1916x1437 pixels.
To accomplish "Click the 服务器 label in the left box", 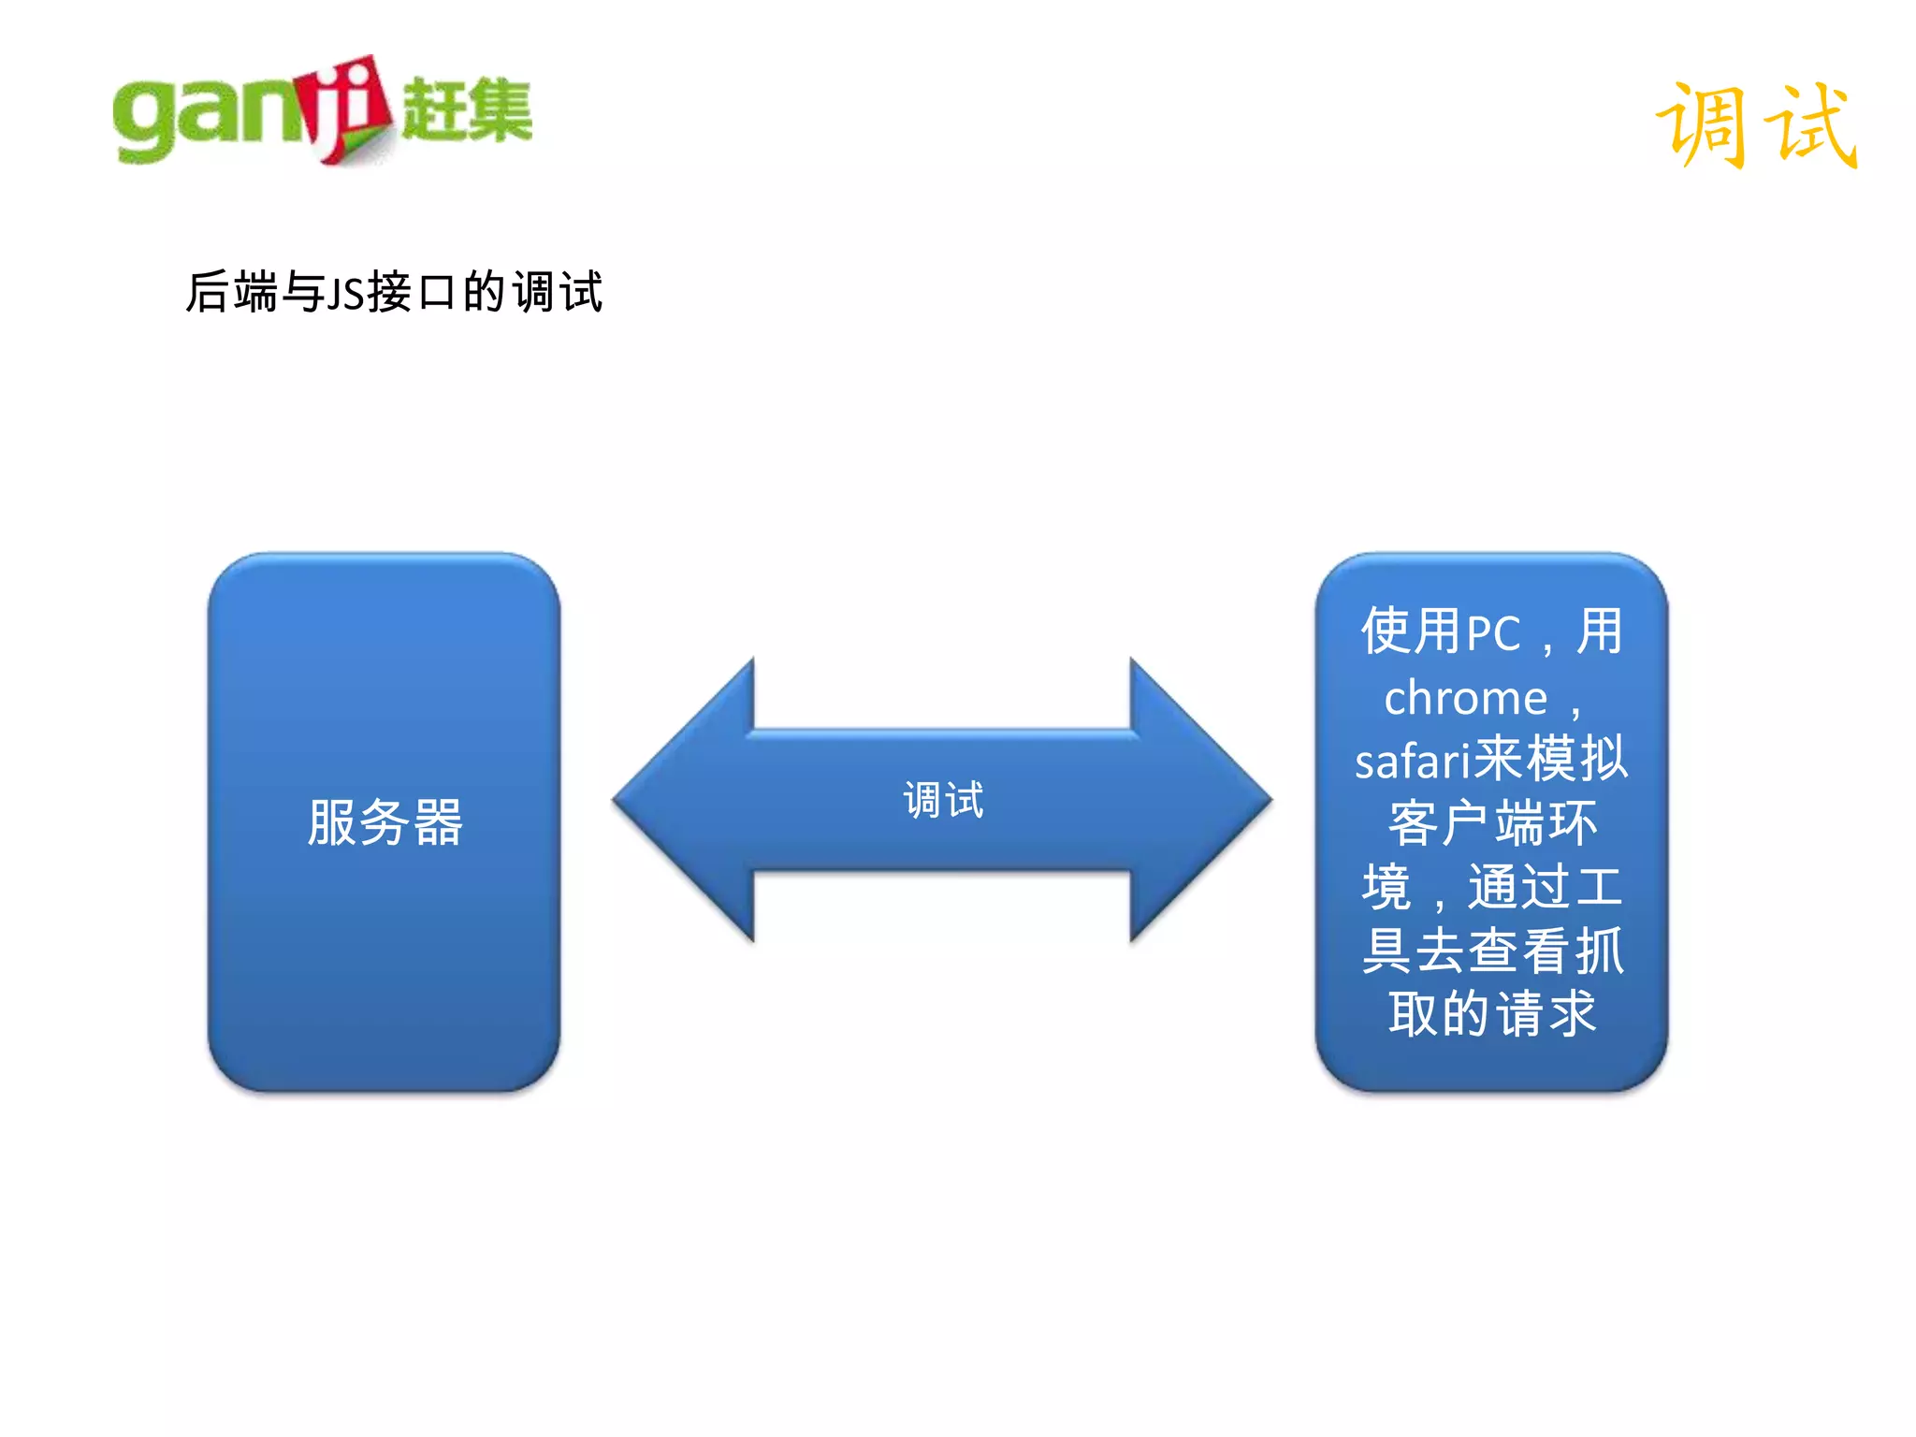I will click(x=385, y=822).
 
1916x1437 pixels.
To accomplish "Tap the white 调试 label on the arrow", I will click(x=943, y=800).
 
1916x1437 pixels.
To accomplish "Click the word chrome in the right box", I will click(x=1465, y=698).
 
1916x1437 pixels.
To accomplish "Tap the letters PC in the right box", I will click(x=1493, y=633).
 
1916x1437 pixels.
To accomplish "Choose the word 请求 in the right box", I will click(x=1546, y=1013).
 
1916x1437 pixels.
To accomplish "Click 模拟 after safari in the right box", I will click(x=1576, y=759).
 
